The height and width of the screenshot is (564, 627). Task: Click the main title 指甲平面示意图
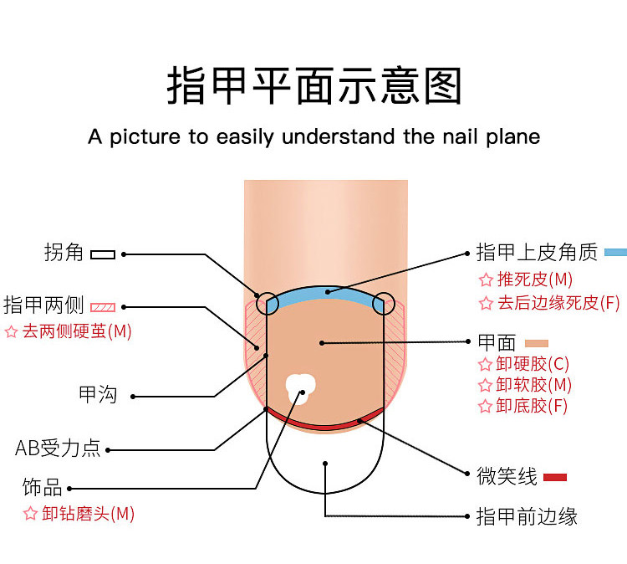point(313,86)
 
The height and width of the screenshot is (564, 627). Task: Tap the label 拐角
point(64,253)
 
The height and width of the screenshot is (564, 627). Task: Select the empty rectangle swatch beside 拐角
point(103,254)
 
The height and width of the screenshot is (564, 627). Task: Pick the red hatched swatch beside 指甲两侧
point(103,306)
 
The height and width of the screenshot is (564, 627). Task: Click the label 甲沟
point(98,395)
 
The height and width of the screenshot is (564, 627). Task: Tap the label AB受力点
point(58,449)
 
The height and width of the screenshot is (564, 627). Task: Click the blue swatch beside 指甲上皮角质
point(615,252)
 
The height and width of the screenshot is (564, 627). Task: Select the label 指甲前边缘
point(527,516)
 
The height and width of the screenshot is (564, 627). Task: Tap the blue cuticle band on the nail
point(326,294)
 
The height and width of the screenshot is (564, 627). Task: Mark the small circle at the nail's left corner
point(267,302)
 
